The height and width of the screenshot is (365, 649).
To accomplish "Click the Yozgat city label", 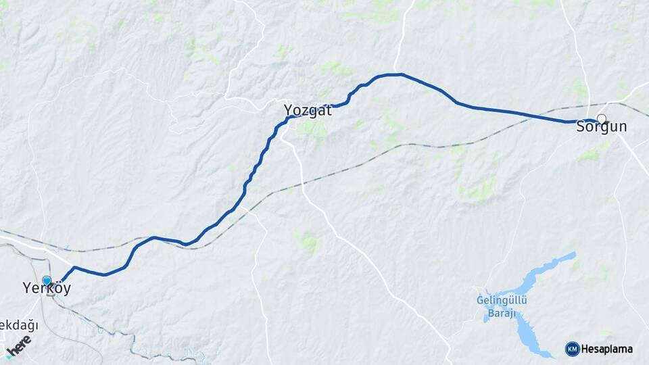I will click(x=308, y=110).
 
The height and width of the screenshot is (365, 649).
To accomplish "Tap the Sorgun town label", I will click(x=601, y=127).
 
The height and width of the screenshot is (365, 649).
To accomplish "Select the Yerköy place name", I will click(x=46, y=289).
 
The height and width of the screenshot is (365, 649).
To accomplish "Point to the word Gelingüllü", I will click(x=501, y=300).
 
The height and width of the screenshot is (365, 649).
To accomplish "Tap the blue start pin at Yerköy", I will click(x=47, y=280).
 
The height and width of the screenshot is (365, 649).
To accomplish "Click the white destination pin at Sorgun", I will click(x=601, y=119).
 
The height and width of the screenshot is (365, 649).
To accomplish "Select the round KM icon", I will click(x=572, y=349).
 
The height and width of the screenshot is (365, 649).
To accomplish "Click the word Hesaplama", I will click(x=607, y=349).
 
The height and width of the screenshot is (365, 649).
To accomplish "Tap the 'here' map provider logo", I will click(x=18, y=344).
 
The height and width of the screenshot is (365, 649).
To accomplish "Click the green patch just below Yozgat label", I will click(x=312, y=128).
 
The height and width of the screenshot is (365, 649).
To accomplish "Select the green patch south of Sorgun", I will click(x=590, y=155).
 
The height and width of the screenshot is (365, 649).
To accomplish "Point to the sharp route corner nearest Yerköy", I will click(x=74, y=268).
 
